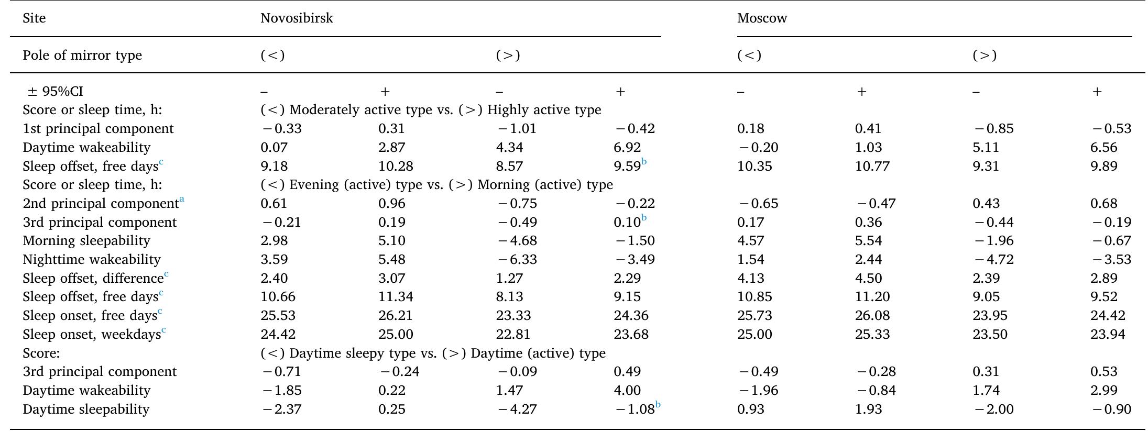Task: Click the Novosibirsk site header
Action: [297, 18]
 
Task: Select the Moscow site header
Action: [762, 18]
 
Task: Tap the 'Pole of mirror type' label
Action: [82, 56]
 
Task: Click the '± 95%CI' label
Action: [55, 92]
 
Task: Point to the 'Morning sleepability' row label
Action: [86, 241]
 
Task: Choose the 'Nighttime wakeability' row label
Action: [92, 260]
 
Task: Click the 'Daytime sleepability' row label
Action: [86, 409]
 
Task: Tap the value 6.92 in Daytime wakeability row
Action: [627, 148]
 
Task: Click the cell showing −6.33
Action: [517, 260]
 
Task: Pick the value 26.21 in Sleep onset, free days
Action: [396, 316]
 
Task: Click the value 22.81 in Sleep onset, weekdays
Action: [513, 335]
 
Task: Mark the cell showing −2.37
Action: [281, 409]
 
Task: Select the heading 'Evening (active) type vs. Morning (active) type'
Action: [436, 185]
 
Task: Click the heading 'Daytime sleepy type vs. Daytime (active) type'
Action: [433, 353]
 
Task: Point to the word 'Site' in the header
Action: [34, 18]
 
